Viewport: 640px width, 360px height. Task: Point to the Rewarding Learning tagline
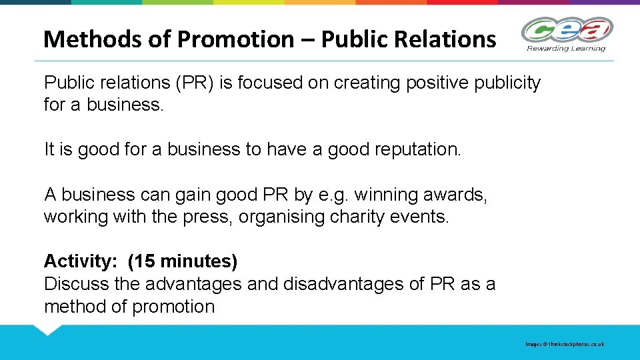coord(566,48)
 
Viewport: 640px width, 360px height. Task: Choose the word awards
coord(455,195)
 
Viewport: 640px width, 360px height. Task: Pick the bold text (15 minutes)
coord(182,261)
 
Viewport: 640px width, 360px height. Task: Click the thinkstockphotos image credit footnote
coord(564,344)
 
